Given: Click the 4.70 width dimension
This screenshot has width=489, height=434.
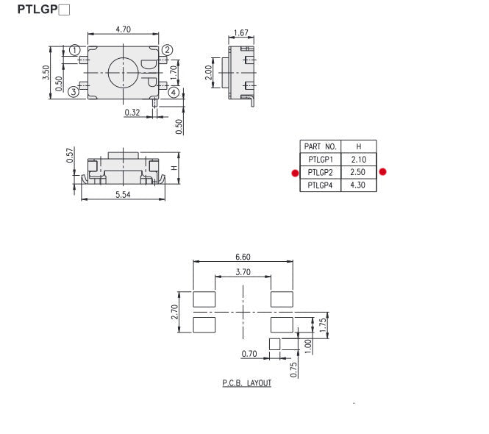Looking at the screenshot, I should pos(124,30).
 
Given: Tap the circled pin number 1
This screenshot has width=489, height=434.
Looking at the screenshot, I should pos(74,50).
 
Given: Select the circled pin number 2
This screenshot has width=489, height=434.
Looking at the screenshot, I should pos(168,50).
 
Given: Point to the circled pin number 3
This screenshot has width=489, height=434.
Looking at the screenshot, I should pos(74,92).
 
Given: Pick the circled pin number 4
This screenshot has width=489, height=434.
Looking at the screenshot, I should pos(173,92).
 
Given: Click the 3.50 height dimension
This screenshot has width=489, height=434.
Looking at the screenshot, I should pos(46,72).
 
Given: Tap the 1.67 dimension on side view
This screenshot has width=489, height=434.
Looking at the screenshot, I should pos(240,33).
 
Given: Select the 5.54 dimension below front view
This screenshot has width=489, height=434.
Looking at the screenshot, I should pos(122,194).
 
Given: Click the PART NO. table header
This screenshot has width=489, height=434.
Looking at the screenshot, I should pos(320,146).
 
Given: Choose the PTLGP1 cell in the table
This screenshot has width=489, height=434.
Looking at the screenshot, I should pos(320,159).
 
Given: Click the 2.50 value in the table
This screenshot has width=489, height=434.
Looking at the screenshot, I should pos(358,172).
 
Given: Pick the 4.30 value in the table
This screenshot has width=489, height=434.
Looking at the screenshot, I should pos(358,185).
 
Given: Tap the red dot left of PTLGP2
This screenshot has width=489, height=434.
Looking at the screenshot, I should pos(294,173).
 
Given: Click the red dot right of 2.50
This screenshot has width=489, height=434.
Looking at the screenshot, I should pos(382,172).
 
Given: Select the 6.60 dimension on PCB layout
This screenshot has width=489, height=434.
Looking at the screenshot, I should pos(243,257).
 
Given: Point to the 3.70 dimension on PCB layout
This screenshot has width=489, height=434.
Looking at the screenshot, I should pos(243,272).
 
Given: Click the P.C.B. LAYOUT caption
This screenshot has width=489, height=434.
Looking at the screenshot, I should pos(246,383).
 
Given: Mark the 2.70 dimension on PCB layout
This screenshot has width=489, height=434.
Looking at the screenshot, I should pos(174,311).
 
